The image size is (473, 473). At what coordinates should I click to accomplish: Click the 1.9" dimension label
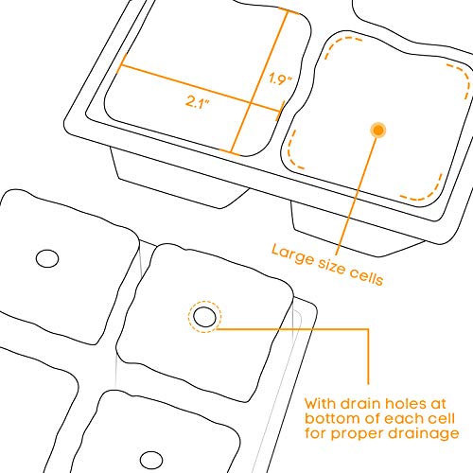point(281,79)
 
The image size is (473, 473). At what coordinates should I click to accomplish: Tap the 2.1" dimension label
point(198,101)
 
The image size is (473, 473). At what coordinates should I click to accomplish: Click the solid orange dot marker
point(378,130)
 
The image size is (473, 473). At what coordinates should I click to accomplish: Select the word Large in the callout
point(292,254)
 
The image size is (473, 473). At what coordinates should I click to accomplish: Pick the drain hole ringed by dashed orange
point(204,317)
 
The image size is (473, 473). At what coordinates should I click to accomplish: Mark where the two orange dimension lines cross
point(251,103)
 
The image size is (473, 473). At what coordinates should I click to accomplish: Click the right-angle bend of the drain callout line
point(368,329)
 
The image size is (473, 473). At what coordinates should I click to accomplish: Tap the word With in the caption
point(321,404)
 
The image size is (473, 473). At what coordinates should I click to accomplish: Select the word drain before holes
point(361,404)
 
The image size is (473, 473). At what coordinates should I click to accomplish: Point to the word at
point(436,404)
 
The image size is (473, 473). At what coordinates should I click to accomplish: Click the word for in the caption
point(316,433)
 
